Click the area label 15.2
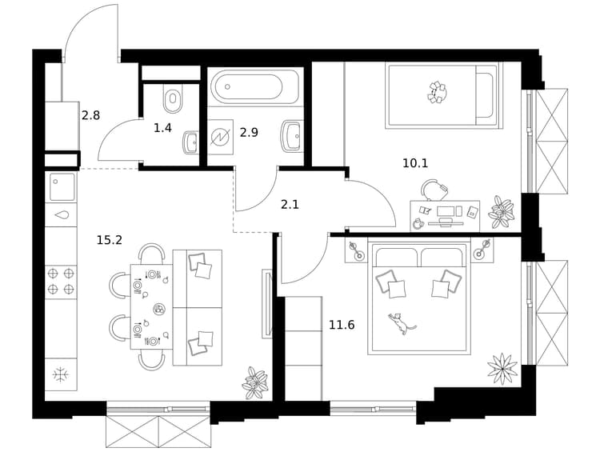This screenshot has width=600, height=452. point(109,240)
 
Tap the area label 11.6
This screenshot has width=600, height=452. point(342,326)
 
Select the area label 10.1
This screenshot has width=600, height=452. point(415,163)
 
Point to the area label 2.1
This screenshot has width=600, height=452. point(290,205)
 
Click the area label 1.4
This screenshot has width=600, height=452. point(162,128)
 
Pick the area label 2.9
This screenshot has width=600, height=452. point(249,133)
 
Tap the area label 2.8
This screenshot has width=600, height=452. point(90,115)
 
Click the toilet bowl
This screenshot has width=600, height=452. point(173,98)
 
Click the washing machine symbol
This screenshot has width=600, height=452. point(221,137)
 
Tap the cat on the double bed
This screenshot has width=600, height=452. point(400,323)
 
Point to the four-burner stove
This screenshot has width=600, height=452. point(61,280)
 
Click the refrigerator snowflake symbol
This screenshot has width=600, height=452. point(61,374)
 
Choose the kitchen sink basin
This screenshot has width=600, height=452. point(61,186)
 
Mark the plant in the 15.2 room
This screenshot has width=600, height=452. point(254,383)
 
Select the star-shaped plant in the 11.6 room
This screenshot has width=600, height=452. point(502,369)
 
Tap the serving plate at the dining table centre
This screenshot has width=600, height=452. point(159,309)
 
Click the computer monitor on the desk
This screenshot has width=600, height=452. point(445,211)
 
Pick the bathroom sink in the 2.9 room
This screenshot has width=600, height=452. point(293,136)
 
